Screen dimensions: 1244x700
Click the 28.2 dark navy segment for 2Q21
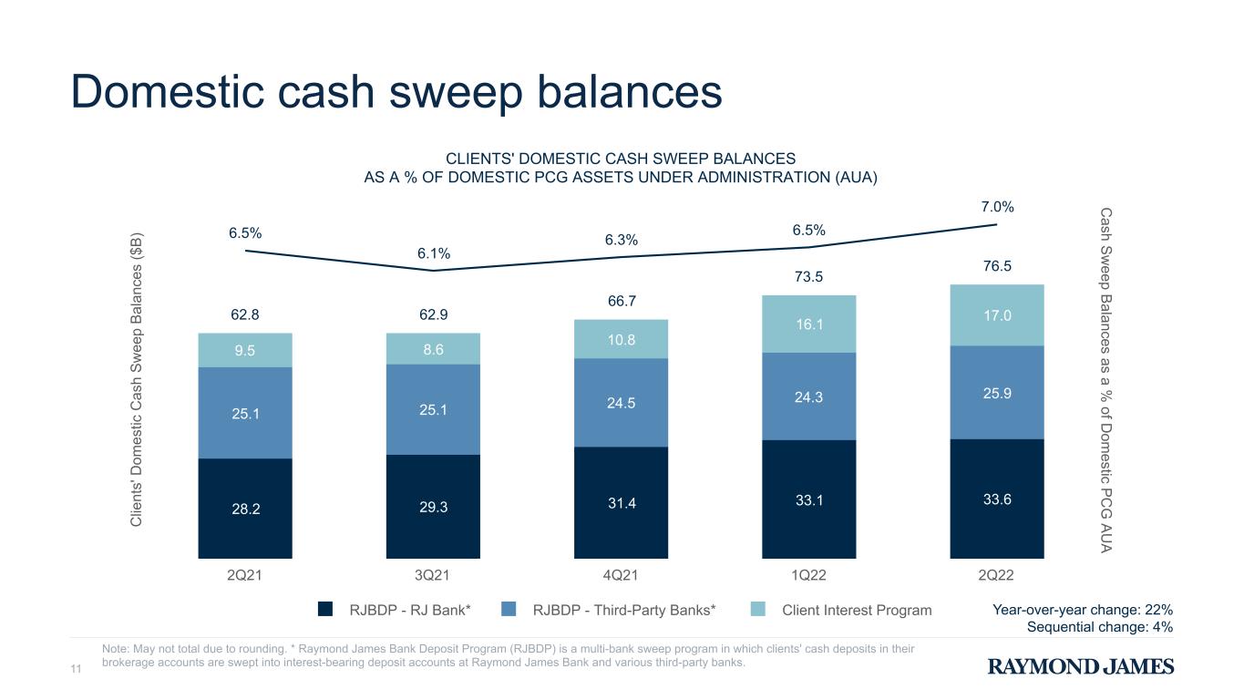click(245, 509)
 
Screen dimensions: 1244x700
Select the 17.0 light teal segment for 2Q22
click(997, 315)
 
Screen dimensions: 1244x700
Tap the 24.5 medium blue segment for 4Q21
click(621, 403)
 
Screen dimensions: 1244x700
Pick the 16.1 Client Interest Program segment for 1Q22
click(808, 324)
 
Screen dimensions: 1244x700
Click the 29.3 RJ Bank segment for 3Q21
click(433, 507)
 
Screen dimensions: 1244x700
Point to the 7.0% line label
click(997, 207)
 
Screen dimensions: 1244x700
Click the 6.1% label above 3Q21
click(434, 253)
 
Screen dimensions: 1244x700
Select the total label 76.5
click(997, 266)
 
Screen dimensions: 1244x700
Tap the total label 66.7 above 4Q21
click(622, 301)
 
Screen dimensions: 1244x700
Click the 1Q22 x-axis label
click(808, 575)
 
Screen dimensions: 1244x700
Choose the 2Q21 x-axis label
click(244, 575)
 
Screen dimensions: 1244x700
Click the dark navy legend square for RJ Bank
click(325, 609)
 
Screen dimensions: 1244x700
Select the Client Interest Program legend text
click(857, 610)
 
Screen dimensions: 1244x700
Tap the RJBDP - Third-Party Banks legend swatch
click(509, 609)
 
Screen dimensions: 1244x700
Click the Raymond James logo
click(1081, 666)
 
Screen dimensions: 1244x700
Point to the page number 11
click(76, 669)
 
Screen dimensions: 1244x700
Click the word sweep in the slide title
click(456, 93)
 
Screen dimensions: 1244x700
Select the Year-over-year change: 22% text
click(1083, 610)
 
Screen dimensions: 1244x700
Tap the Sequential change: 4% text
click(1100, 627)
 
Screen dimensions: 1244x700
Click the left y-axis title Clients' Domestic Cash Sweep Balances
click(136, 379)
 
